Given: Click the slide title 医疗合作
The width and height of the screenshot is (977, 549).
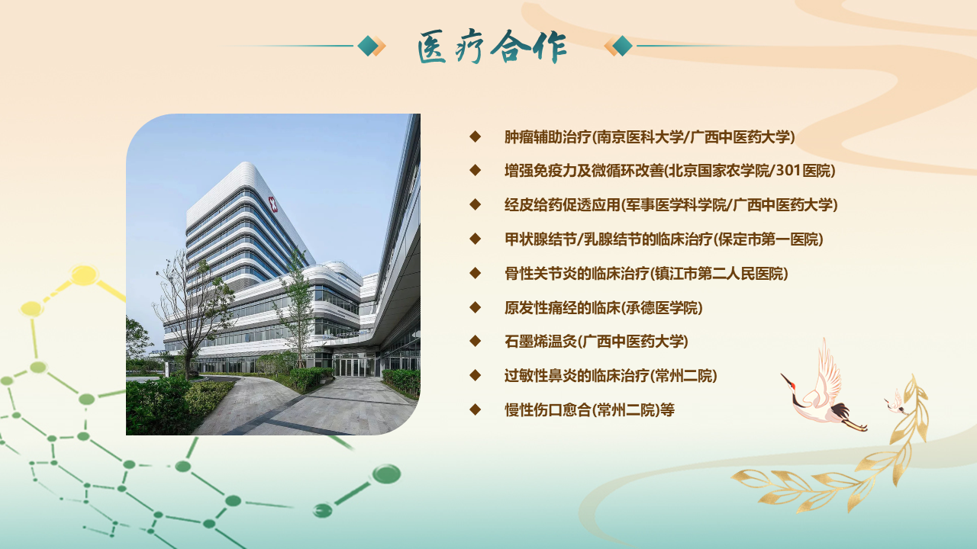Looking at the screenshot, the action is [492, 47].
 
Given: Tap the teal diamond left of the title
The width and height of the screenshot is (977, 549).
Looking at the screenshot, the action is [368, 46].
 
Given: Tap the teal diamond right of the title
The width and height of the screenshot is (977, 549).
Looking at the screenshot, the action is [622, 46].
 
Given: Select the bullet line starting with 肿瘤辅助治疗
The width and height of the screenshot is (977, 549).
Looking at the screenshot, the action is [650, 136].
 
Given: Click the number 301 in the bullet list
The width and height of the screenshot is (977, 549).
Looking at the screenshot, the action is [788, 170].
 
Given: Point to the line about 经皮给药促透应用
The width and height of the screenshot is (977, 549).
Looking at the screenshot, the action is [671, 205].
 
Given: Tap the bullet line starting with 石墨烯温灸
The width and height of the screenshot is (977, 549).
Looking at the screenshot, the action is [596, 341].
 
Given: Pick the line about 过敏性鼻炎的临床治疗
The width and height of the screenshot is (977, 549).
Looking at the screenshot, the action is [611, 376].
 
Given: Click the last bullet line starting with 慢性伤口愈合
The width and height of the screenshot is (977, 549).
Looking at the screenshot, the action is [589, 410].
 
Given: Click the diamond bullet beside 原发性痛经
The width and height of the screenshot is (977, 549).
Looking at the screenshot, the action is [475, 307].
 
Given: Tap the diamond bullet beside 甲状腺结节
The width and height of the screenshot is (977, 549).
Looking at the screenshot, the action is [475, 239].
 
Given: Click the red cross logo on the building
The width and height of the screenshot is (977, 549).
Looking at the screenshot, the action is [272, 204].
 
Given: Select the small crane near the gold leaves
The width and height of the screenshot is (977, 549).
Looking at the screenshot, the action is [895, 404].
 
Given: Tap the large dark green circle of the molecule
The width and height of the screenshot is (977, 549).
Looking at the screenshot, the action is [386, 474].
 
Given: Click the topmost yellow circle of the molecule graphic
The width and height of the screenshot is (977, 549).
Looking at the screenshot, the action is [84, 275].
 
